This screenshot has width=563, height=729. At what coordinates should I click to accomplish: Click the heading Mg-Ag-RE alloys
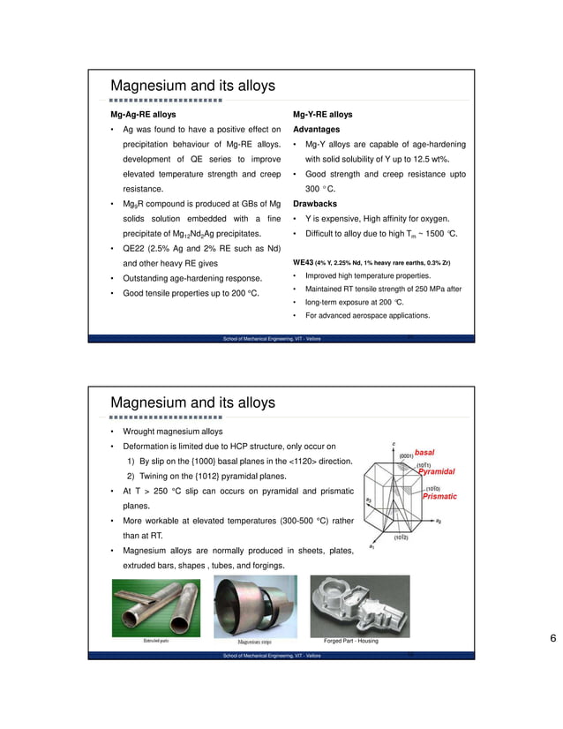pos(142,115)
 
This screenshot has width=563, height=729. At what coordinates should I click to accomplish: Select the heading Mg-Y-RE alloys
pos(322,115)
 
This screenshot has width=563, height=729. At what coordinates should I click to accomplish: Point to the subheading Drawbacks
pos(315,203)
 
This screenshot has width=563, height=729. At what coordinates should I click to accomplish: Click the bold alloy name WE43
pos(305,263)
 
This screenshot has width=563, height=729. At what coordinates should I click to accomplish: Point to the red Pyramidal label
pos(436,472)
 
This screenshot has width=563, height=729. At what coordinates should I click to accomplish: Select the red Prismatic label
pos(439,496)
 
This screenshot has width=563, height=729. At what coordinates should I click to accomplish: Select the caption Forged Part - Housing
pos(350,641)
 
